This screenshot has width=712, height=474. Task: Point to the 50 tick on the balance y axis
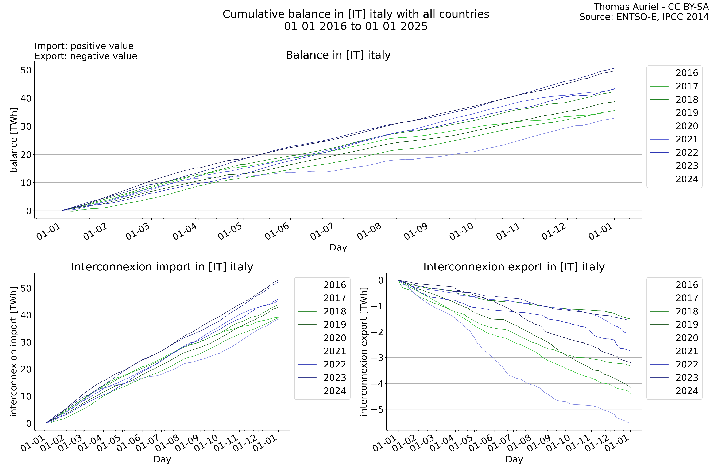point(26,70)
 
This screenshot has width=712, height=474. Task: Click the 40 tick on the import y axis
point(26,315)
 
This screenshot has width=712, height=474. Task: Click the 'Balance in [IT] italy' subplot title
point(338,55)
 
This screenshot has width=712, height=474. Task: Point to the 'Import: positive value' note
point(84,46)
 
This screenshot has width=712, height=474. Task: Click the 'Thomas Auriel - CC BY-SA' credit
point(651,7)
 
